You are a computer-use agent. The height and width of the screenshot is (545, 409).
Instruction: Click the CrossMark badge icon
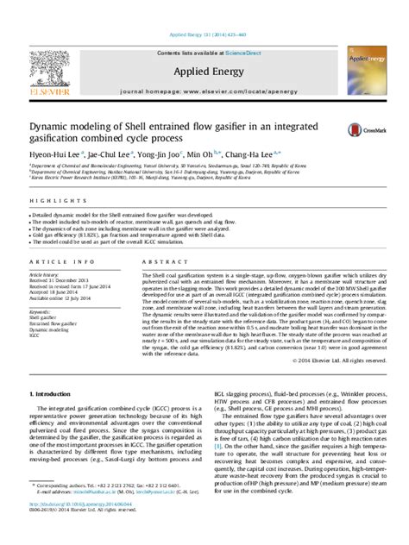coord(358,130)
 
